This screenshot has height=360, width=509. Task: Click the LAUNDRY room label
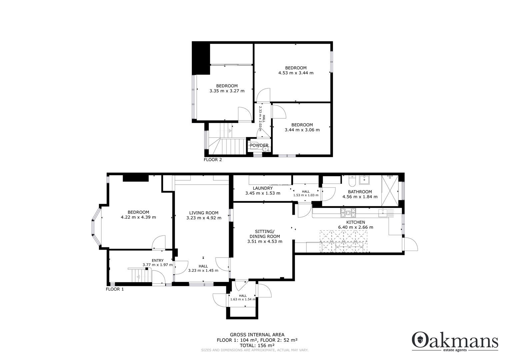tap(262, 188)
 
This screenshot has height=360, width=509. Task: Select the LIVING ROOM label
tap(204, 213)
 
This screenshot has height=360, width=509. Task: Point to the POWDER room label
tap(259, 145)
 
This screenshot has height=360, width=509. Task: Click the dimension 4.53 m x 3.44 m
tap(296, 73)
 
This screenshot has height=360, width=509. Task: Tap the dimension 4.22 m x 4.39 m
tap(138, 217)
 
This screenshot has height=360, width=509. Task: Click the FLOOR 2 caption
tap(213, 160)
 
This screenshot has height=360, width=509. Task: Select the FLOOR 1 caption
tap(115, 289)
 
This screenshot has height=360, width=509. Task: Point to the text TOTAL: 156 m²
tap(257, 345)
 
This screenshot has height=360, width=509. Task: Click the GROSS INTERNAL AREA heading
tap(257, 335)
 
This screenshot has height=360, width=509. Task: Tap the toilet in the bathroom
tap(352, 182)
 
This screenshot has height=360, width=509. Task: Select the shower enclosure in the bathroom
tap(390, 191)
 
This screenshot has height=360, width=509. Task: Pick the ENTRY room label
tap(158, 260)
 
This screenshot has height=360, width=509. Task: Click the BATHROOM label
tap(360, 192)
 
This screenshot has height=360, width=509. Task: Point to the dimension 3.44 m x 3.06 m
tap(302, 130)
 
